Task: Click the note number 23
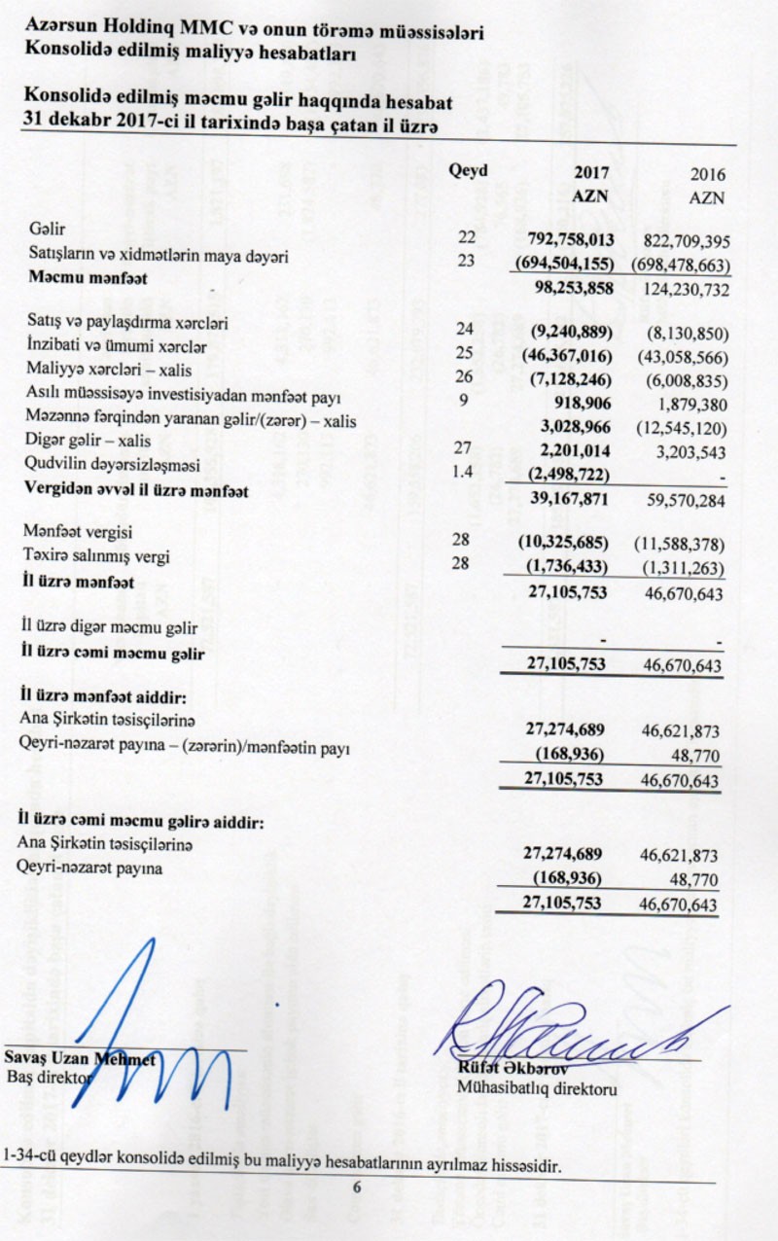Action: click(x=467, y=259)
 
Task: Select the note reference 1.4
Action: click(x=467, y=471)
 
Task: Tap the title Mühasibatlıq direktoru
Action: click(x=536, y=1091)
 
